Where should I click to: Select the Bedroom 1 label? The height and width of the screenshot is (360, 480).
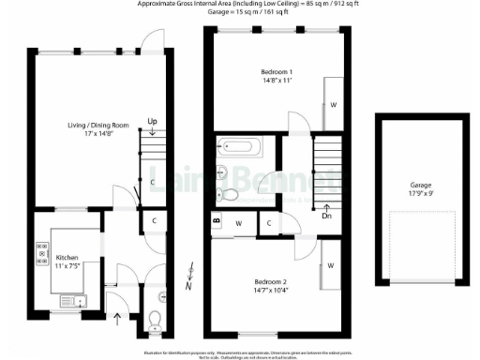pyautogui.click(x=277, y=72)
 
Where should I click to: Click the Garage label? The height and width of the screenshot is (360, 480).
pyautogui.click(x=421, y=186)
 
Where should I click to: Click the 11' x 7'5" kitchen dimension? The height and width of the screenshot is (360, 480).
pyautogui.click(x=69, y=265)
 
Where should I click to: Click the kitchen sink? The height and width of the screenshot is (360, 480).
pyautogui.click(x=72, y=301)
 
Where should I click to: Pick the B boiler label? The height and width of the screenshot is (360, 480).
pyautogui.click(x=217, y=222)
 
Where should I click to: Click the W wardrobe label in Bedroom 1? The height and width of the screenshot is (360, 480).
pyautogui.click(x=334, y=105)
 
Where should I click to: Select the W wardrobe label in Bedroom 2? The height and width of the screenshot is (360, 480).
pyautogui.click(x=331, y=265)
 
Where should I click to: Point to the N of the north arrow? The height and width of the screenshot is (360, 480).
pyautogui.click(x=188, y=285)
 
